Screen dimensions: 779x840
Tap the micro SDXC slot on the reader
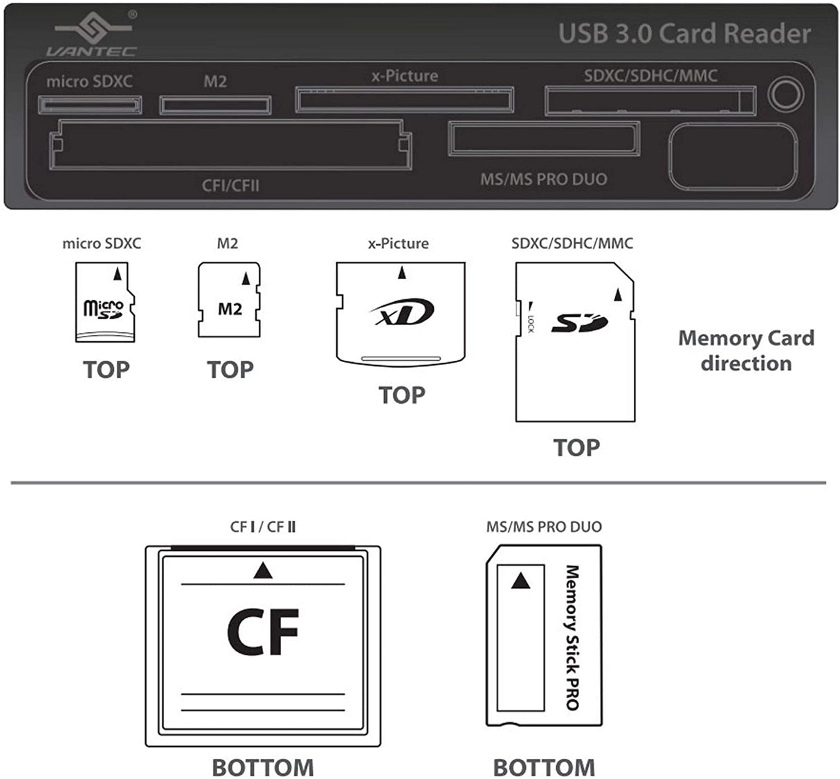tap(89, 105)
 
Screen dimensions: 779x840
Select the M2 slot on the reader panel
tap(215, 105)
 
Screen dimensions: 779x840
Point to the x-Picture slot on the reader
tap(405, 100)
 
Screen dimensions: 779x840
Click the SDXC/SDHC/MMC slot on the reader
tap(650, 101)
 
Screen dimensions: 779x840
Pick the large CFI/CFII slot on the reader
tap(230, 145)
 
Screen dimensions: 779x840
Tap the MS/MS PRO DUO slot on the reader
tap(544, 138)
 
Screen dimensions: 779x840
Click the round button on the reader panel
tap(786, 95)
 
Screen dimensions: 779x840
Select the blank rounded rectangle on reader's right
tap(732, 156)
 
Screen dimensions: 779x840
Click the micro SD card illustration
tap(105, 303)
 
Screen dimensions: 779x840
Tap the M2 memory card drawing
tap(230, 300)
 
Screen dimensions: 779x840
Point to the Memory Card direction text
tap(745, 350)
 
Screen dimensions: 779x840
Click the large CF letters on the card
tap(263, 632)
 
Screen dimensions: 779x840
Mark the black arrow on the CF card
tap(263, 571)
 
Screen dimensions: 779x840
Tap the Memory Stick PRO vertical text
tap(572, 637)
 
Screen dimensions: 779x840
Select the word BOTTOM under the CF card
tap(262, 767)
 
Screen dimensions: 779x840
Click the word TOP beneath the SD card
tap(576, 447)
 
